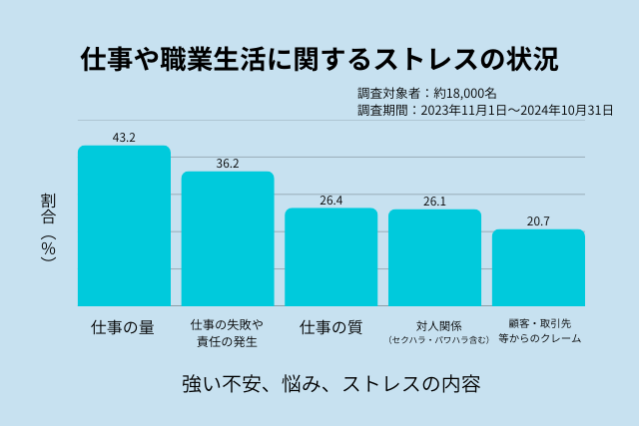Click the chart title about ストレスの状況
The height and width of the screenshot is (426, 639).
(x=319, y=58)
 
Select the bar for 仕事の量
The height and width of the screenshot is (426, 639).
(x=124, y=226)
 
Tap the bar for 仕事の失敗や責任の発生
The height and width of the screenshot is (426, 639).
(x=228, y=239)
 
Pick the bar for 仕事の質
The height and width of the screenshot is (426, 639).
(x=331, y=257)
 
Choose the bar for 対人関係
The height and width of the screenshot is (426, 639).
(x=434, y=258)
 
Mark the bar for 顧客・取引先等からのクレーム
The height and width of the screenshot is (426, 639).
(x=538, y=268)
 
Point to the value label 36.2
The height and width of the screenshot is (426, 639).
(x=228, y=163)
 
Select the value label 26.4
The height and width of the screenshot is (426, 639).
(x=331, y=200)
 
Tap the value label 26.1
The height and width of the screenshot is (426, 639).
(x=434, y=201)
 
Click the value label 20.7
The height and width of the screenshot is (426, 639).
(x=538, y=220)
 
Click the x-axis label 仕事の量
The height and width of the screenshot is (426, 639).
(x=123, y=327)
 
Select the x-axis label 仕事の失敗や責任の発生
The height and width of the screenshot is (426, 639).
(x=227, y=333)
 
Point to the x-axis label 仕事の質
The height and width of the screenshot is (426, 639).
(x=331, y=327)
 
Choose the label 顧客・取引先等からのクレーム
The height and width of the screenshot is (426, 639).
(x=539, y=331)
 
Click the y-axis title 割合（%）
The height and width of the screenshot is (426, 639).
(x=49, y=226)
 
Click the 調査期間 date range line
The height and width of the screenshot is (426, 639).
(x=485, y=110)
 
